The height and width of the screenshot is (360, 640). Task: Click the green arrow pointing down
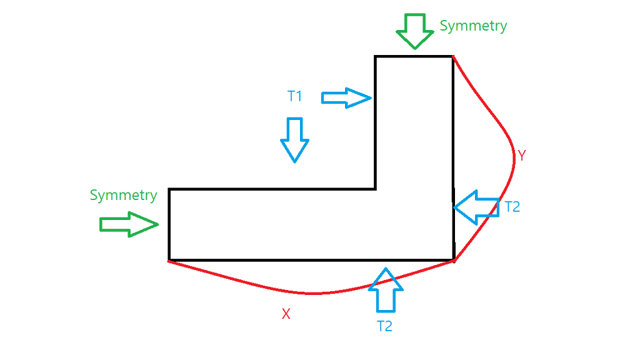pyautogui.click(x=414, y=31)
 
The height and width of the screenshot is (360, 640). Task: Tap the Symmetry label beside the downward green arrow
pyautogui.click(x=473, y=26)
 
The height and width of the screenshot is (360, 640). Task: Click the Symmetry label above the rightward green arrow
pyautogui.click(x=123, y=195)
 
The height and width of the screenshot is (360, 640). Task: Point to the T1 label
pyautogui.click(x=295, y=96)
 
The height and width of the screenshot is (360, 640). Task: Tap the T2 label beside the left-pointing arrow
pyautogui.click(x=512, y=207)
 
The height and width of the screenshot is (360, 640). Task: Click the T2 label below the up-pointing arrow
pyautogui.click(x=384, y=326)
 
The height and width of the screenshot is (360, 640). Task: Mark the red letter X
pyautogui.click(x=286, y=314)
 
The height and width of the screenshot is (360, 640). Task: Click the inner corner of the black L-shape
pyautogui.click(x=376, y=189)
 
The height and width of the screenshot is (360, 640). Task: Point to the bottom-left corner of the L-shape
pyautogui.click(x=169, y=259)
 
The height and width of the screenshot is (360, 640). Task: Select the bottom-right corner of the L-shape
pyautogui.click(x=453, y=259)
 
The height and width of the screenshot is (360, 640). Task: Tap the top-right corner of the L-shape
pyautogui.click(x=452, y=57)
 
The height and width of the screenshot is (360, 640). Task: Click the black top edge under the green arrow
pyautogui.click(x=414, y=57)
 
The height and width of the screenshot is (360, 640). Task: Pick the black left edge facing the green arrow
pyautogui.click(x=169, y=224)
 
